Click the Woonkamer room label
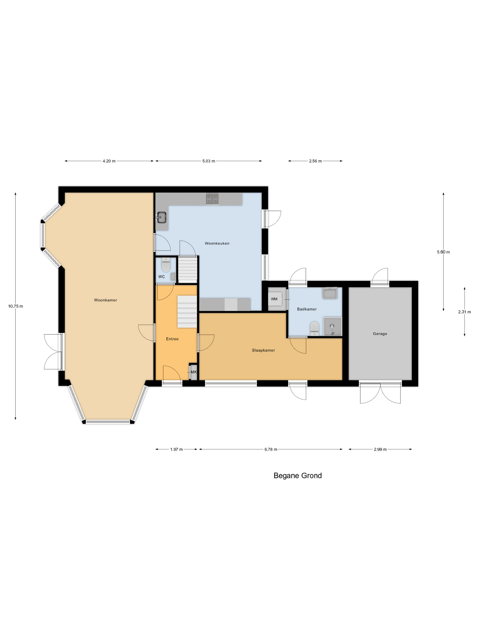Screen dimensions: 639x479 pos(105,300)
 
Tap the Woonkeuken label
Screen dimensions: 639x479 pos(217,243)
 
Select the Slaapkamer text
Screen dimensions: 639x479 pos(263,350)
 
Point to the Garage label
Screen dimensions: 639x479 pos(380,333)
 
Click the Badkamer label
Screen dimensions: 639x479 pos(307,309)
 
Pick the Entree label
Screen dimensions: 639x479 pos(172,339)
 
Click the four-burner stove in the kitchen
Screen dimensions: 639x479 pos(212,199)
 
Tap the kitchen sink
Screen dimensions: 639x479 pos(161,217)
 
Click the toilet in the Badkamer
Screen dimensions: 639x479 pos(314,328)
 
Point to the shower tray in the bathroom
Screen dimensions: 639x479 pos(332,326)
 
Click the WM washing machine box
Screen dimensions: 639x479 pos(274,299)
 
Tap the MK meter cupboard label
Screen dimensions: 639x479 pos(193,372)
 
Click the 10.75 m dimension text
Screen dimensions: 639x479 pos(15,306)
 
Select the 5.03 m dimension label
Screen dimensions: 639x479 pos(208,161)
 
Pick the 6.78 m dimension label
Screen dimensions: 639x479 pos(271,449)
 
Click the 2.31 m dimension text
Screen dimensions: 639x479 pos(464,312)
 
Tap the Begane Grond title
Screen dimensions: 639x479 pos(297,476)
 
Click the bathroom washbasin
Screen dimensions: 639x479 pos(330,293)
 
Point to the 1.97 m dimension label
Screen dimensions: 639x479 pos(176,449)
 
